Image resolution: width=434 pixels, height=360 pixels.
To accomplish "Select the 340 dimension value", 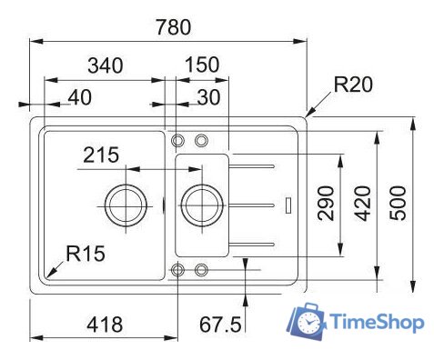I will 106,65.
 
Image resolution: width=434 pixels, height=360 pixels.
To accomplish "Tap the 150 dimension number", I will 200,65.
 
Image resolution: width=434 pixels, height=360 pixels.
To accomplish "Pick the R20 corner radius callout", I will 353,86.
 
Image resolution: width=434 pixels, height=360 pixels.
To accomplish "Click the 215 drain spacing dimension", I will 101,155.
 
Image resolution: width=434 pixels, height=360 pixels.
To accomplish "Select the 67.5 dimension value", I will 219,324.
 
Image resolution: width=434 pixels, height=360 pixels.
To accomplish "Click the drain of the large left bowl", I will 124,205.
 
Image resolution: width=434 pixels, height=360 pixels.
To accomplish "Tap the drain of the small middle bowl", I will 198,205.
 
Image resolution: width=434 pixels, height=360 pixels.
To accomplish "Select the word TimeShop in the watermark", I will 376,323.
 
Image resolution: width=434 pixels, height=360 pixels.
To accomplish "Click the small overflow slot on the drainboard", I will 288,205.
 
